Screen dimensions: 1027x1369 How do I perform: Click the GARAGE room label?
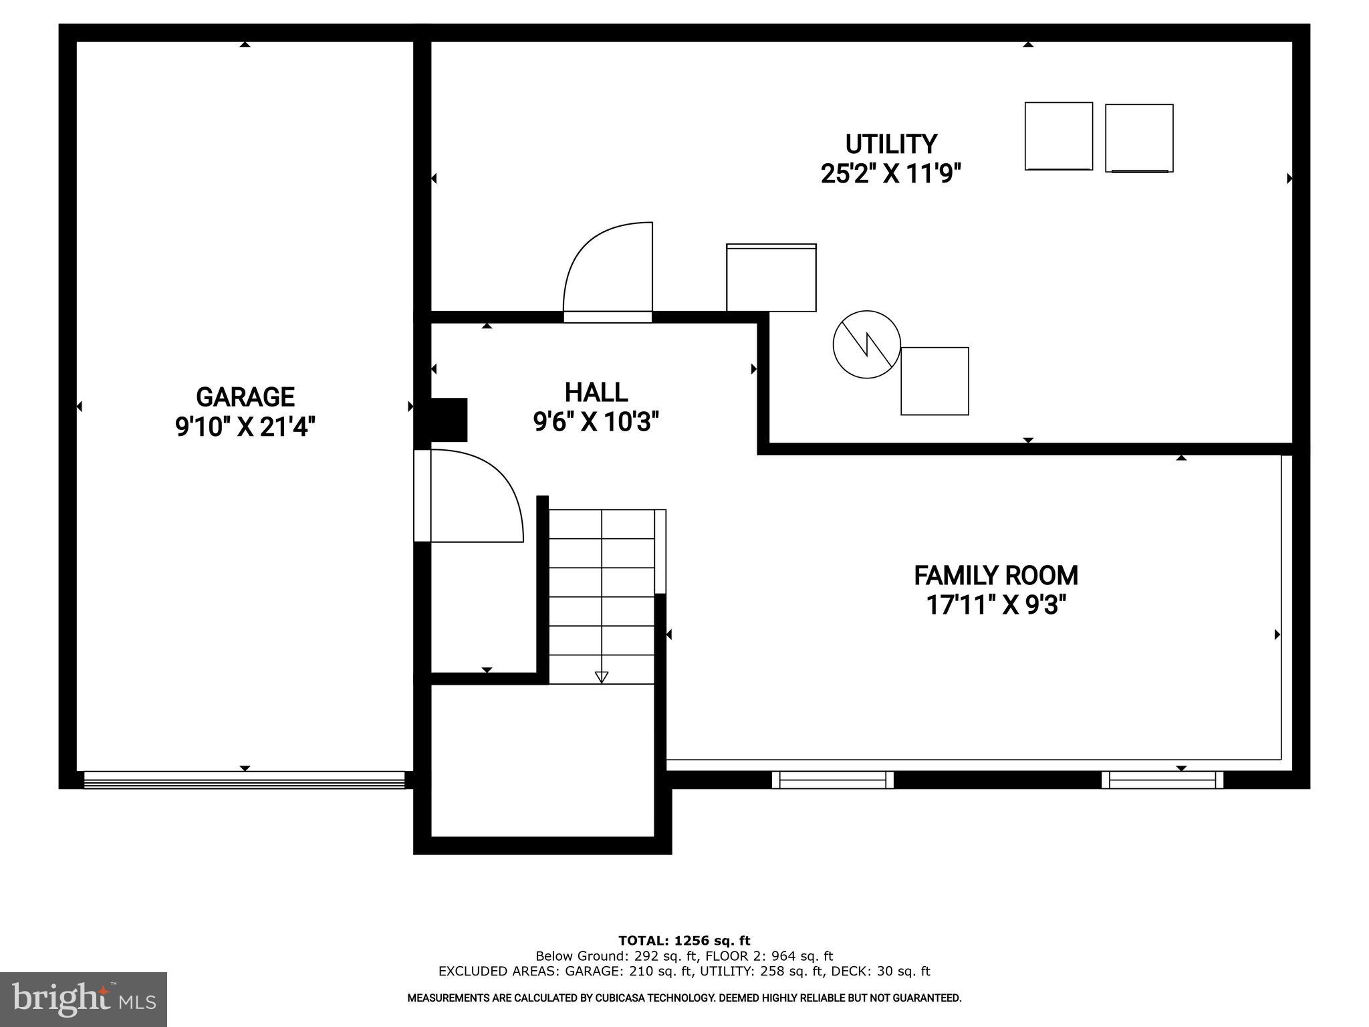pos(245,397)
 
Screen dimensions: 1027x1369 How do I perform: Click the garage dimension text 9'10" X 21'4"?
pos(245,427)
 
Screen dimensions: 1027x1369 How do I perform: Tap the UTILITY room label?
pos(890,144)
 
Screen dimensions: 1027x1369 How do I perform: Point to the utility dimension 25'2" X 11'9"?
pos(890,175)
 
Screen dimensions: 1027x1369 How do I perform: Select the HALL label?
pos(596,392)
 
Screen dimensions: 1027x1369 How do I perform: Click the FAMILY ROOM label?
pos(995,576)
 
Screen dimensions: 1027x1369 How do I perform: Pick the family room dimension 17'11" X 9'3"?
pos(995,606)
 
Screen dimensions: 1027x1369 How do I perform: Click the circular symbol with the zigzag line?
pos(866,344)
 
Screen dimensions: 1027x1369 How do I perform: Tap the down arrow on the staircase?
pos(601,677)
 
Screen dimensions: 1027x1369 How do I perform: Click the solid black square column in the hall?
pos(448,420)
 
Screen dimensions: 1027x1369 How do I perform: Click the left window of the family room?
pos(832,780)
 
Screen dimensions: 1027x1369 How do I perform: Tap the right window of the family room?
pos(1162,780)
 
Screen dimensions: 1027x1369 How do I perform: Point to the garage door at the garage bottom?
pos(244,780)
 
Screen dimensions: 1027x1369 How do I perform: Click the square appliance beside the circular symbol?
pos(935,381)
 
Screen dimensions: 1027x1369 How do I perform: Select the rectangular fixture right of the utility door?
pos(771,277)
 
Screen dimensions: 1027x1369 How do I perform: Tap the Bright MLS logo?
pos(83,999)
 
